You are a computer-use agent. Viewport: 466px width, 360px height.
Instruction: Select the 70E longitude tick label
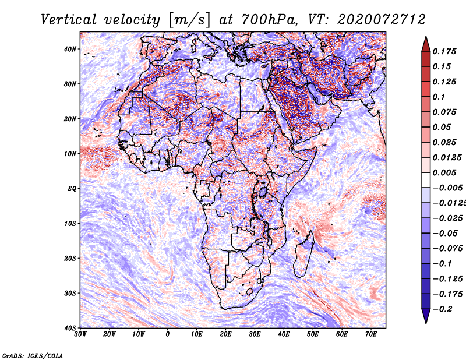[371, 334]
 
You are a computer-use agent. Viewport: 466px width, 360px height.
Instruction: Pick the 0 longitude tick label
[168, 334]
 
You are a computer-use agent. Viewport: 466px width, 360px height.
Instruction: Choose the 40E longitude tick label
[284, 334]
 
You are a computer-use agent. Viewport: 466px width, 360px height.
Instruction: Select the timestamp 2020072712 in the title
[373, 19]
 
